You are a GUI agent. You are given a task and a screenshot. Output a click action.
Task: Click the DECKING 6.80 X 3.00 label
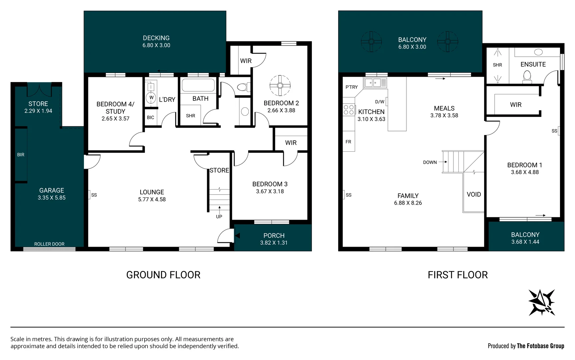(x=156, y=42)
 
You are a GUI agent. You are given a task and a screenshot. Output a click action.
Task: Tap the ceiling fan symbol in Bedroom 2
(x=280, y=86)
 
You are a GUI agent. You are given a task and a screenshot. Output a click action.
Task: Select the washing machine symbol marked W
(x=151, y=98)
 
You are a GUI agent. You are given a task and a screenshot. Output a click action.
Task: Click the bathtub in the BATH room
(x=198, y=85)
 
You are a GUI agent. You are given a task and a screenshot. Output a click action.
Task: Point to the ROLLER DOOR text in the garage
(x=49, y=244)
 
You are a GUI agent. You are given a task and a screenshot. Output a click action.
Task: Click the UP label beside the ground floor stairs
(x=219, y=217)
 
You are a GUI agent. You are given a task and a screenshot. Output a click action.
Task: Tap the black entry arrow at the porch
(x=237, y=236)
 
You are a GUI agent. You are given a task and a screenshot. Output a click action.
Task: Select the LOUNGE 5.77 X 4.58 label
(x=152, y=196)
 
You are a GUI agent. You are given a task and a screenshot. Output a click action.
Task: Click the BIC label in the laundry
(x=151, y=117)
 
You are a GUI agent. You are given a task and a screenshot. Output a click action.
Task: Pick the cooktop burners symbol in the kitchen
(x=349, y=110)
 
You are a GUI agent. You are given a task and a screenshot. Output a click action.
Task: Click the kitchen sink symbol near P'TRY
(x=375, y=82)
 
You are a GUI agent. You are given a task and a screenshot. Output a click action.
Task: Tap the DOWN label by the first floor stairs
(x=430, y=162)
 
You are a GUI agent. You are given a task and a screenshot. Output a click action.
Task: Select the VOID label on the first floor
(x=474, y=194)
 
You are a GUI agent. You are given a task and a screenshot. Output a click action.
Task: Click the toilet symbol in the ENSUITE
(x=527, y=76)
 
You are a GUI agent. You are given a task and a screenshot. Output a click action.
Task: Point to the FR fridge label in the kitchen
(x=348, y=142)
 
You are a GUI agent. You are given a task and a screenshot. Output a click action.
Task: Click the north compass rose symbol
(x=542, y=302)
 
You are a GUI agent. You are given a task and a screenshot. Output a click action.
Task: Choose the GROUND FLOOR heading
(x=163, y=275)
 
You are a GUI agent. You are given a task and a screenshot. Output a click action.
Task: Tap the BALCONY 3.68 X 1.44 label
(x=525, y=238)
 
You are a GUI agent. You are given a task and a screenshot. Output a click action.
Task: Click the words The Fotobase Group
(x=540, y=346)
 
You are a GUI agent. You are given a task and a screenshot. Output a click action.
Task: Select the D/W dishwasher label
(x=379, y=102)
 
